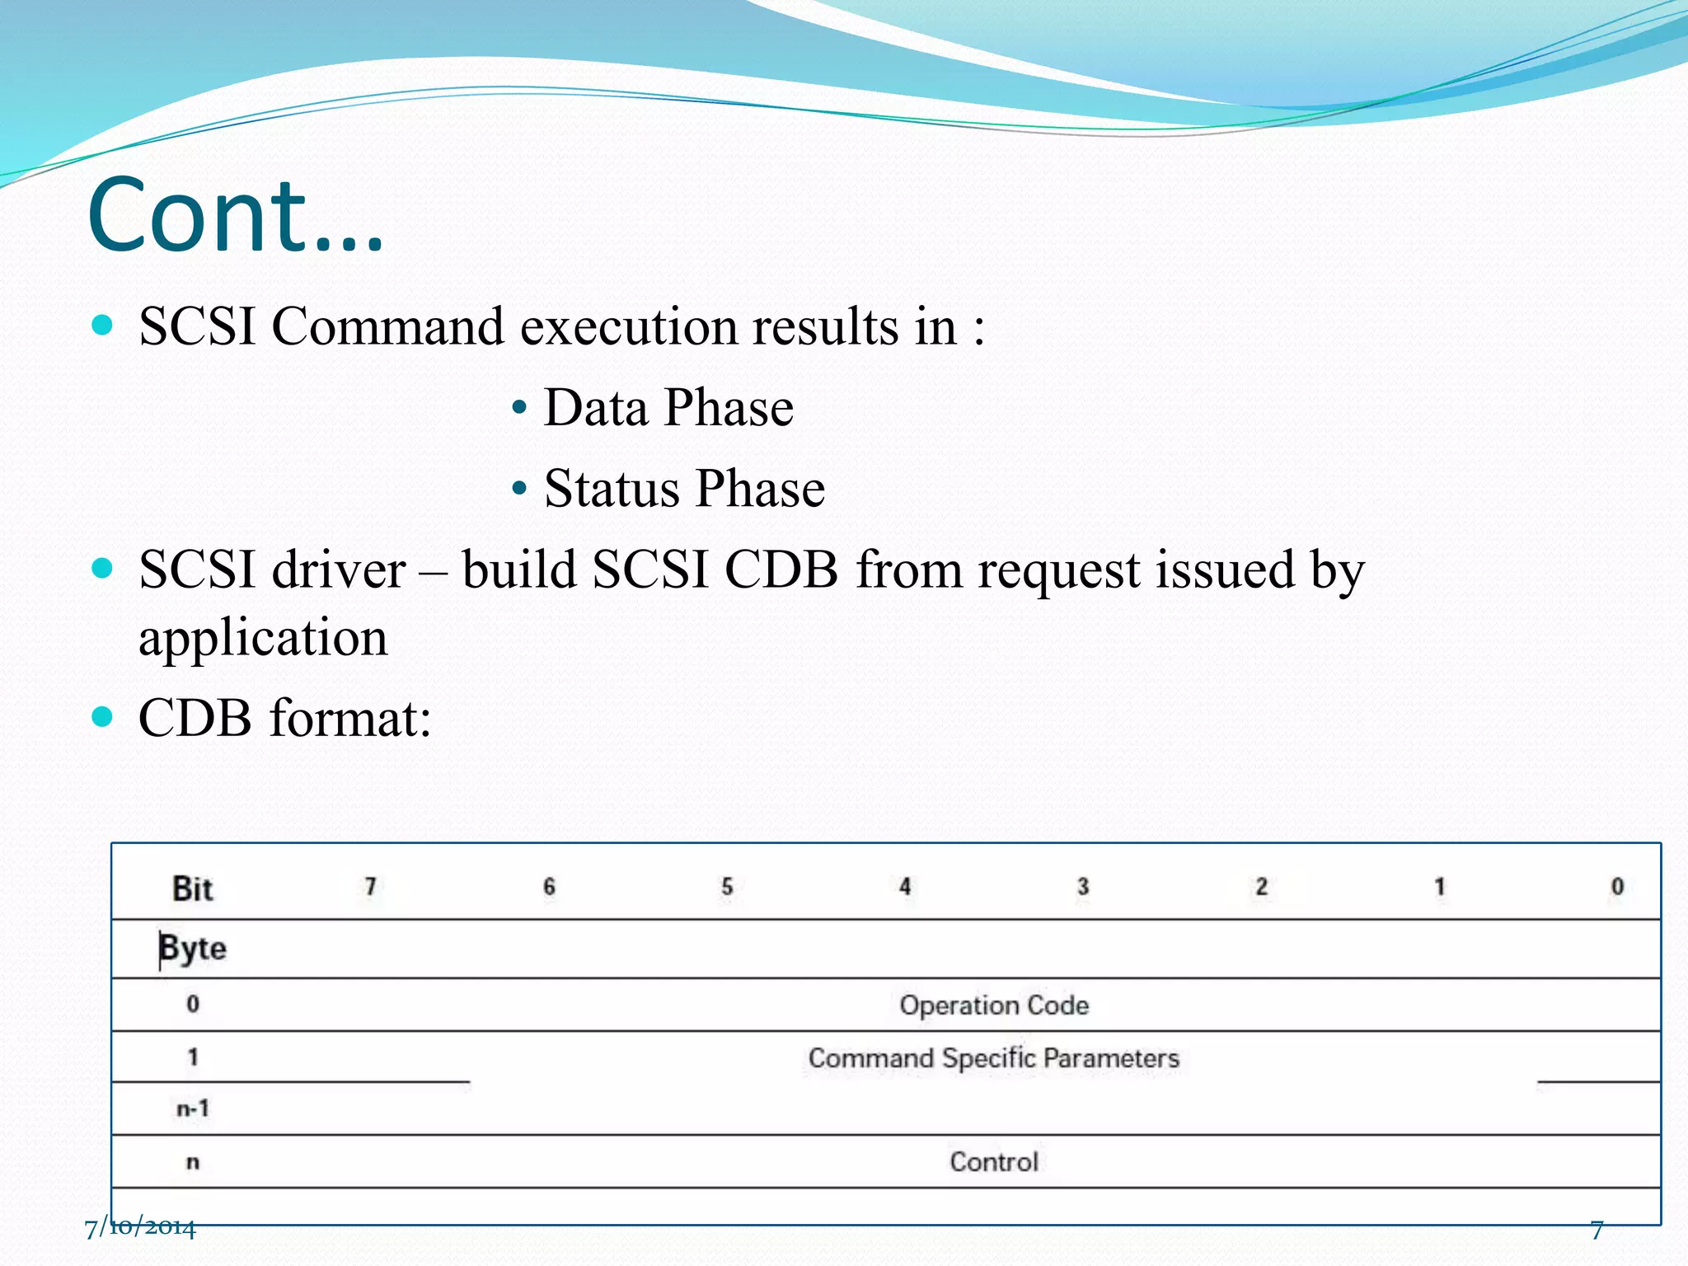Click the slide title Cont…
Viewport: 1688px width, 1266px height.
point(235,216)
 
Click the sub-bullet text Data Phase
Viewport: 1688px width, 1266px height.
point(668,407)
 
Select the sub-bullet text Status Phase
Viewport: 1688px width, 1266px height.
point(683,488)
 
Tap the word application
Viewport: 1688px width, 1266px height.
point(263,638)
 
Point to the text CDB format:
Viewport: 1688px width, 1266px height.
point(284,718)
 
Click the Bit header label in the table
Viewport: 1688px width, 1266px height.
point(192,889)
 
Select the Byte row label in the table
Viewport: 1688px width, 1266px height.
point(193,948)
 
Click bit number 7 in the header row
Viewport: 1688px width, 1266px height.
point(371,887)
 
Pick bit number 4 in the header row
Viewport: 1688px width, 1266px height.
point(905,887)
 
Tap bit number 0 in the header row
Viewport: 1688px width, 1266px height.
point(1617,887)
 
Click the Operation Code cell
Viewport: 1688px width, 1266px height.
point(993,1006)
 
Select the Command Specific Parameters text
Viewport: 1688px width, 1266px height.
point(993,1058)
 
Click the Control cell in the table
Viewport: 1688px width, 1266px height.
point(993,1162)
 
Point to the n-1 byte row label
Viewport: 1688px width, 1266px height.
point(193,1109)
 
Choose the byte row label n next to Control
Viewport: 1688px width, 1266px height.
point(193,1162)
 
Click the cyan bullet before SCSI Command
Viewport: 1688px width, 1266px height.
point(102,325)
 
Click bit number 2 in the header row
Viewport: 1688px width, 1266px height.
point(1261,887)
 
